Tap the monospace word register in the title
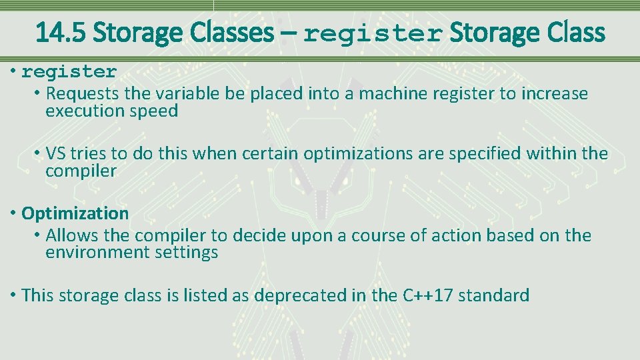(373, 33)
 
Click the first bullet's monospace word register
(69, 71)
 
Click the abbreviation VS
(56, 153)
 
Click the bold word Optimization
(75, 213)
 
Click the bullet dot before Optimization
(14, 213)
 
